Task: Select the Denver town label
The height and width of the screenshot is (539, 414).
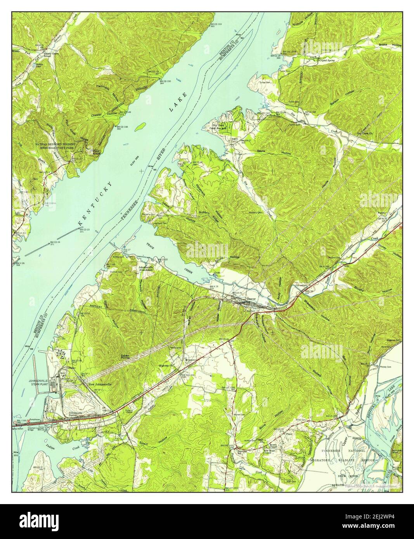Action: click(252, 299)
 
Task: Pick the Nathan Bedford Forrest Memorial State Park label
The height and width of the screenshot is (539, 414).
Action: click(60, 146)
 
